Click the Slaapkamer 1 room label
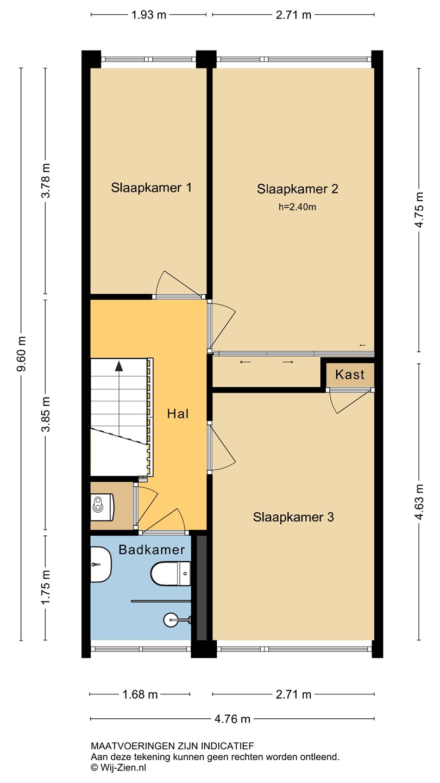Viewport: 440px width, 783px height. [x=151, y=188]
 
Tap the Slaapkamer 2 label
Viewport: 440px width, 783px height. [x=298, y=189]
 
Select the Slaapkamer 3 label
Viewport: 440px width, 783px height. [x=293, y=517]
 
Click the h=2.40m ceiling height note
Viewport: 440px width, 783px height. [x=297, y=207]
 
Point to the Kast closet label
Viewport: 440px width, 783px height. [x=350, y=375]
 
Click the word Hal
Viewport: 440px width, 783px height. [x=178, y=414]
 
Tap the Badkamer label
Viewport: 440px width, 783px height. [x=152, y=550]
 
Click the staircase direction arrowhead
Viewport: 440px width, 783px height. [x=119, y=366]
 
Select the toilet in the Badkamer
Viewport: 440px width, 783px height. [x=171, y=574]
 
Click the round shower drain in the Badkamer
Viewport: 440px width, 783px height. [x=171, y=620]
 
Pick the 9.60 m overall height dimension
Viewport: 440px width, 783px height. [x=21, y=354]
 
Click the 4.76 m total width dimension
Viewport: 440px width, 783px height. [x=232, y=719]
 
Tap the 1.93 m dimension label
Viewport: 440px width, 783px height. [x=148, y=15]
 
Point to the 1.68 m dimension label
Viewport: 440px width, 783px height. [x=140, y=694]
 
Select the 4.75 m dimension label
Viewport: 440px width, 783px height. [x=419, y=210]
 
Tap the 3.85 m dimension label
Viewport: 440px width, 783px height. [x=46, y=414]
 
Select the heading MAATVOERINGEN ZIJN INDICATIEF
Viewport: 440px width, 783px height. [x=173, y=746]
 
